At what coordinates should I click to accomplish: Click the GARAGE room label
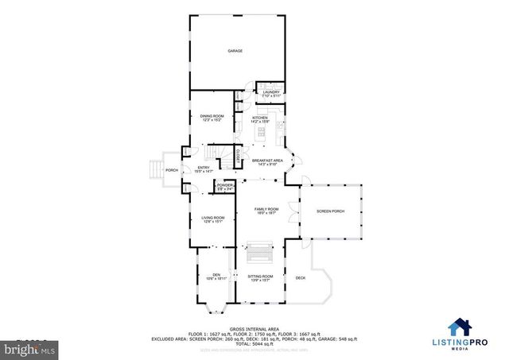click(x=235, y=51)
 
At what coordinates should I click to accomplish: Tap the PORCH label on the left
click(x=171, y=170)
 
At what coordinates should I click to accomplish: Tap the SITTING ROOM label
click(x=260, y=277)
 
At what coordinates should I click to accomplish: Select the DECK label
click(x=300, y=277)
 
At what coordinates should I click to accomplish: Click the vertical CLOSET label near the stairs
click(x=237, y=155)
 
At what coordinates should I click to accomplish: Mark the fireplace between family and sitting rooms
click(x=259, y=253)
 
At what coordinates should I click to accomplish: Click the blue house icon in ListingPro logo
click(x=459, y=327)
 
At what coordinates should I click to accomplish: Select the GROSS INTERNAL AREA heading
click(x=254, y=327)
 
